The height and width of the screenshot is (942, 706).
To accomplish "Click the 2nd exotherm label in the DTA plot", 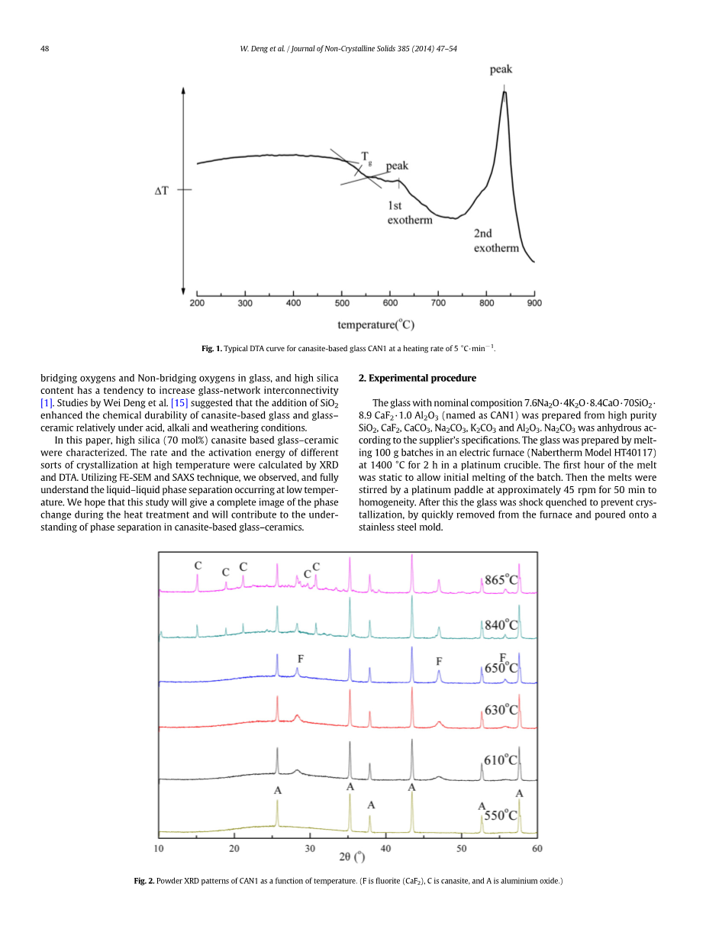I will [x=496, y=240].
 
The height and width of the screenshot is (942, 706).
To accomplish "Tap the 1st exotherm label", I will [x=409, y=213].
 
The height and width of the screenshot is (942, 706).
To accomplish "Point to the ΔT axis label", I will [x=162, y=189].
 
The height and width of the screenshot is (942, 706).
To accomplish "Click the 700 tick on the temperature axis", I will [x=438, y=303].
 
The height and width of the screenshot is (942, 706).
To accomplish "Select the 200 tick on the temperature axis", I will [x=197, y=303].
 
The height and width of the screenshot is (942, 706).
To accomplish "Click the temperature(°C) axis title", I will [x=376, y=325].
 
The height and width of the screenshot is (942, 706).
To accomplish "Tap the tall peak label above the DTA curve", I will [x=501, y=69].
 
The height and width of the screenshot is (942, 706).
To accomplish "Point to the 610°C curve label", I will [x=501, y=760].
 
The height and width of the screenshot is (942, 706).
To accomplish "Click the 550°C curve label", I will [x=501, y=815].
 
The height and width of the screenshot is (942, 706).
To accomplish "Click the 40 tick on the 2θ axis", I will [x=386, y=848].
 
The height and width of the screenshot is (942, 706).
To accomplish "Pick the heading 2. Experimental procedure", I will [x=417, y=378].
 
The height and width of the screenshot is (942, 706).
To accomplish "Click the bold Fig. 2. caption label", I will [x=143, y=882].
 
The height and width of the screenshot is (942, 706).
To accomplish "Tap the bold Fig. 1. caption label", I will [x=211, y=349].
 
